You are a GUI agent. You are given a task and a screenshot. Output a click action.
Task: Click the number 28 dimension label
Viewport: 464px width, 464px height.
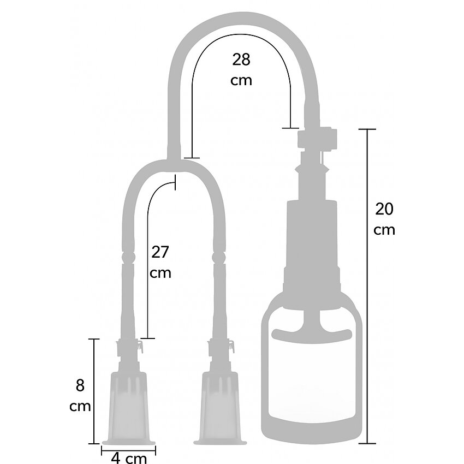(x=241, y=60)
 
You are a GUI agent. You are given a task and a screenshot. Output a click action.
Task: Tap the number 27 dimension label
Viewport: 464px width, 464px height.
(x=160, y=252)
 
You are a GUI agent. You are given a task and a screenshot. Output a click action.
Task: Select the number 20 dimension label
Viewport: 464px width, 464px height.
(x=384, y=209)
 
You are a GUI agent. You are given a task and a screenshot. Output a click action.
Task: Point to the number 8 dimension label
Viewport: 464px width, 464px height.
(x=80, y=385)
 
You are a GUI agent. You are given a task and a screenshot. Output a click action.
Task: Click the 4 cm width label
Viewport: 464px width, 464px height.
(x=129, y=458)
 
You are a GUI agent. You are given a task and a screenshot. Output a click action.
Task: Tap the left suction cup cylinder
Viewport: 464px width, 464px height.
(x=128, y=408)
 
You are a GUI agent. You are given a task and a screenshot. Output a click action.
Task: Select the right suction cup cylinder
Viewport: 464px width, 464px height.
(x=220, y=408)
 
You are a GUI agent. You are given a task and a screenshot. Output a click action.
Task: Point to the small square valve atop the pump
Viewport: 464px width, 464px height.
(x=317, y=138)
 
